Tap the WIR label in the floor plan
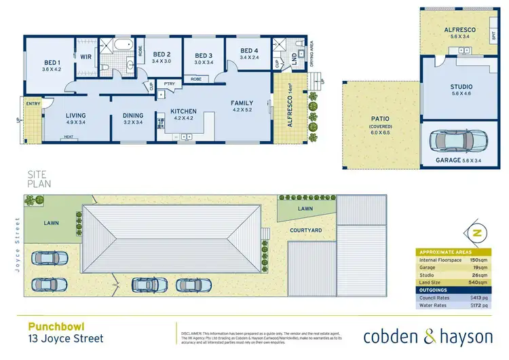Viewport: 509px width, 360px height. (x=86, y=58)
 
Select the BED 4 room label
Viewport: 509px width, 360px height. (x=249, y=51)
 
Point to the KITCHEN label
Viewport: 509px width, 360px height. (x=183, y=111)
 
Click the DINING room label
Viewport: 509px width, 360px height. (x=133, y=116)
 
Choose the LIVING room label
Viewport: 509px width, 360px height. (x=75, y=116)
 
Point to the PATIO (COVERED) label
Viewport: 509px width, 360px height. (x=379, y=122)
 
